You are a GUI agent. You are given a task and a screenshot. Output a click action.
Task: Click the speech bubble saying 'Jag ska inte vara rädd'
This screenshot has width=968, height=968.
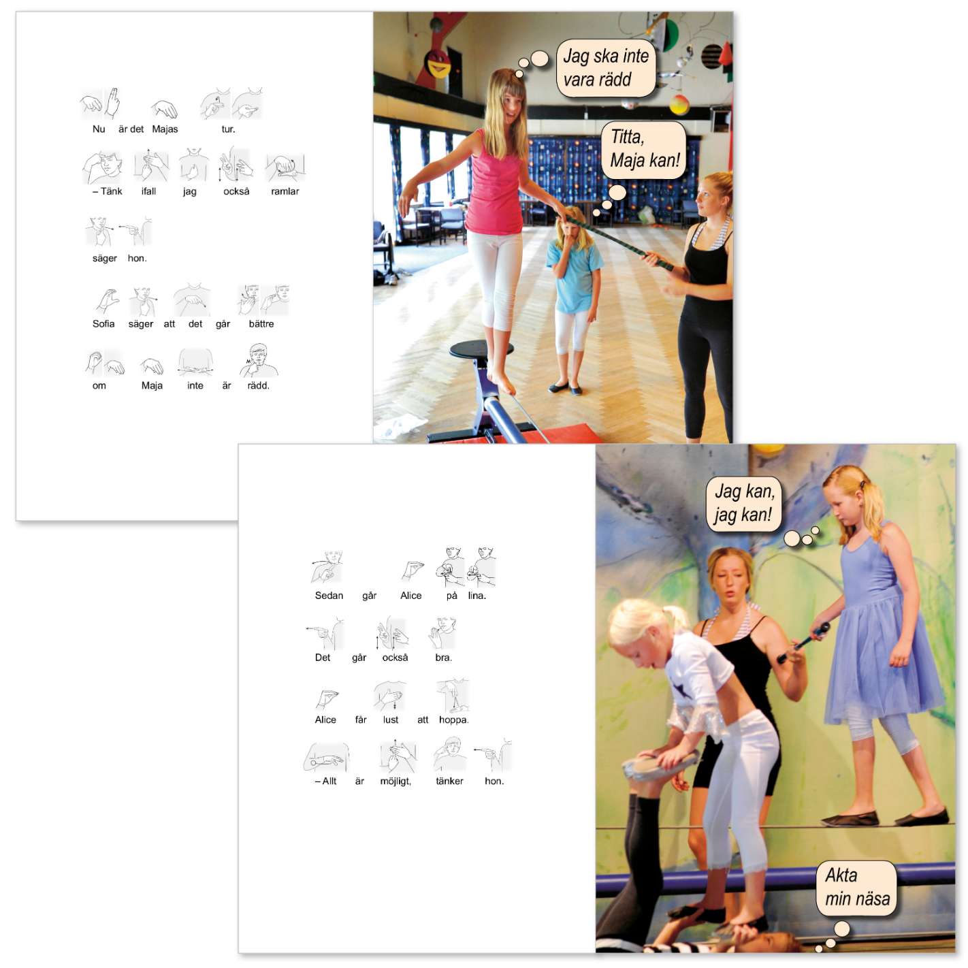pyautogui.click(x=605, y=68)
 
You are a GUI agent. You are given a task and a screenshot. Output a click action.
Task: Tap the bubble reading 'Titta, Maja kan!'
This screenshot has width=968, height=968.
pyautogui.click(x=643, y=150)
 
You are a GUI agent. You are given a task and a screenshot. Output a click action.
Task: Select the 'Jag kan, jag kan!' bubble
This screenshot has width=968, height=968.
pyautogui.click(x=743, y=503)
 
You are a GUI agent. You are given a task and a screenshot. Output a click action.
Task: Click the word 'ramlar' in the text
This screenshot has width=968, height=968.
pyautogui.click(x=285, y=191)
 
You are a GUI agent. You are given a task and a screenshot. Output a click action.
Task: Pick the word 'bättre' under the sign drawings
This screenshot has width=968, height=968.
pyautogui.click(x=261, y=324)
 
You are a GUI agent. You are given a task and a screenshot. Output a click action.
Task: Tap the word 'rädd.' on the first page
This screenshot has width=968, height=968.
pyautogui.click(x=258, y=386)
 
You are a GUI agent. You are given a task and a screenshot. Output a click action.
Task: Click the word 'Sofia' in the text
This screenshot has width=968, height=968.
pyautogui.click(x=103, y=324)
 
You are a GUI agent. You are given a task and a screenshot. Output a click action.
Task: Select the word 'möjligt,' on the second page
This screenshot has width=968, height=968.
pyautogui.click(x=396, y=781)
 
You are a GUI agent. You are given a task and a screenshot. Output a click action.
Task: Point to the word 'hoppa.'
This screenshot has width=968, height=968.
pyautogui.click(x=453, y=720)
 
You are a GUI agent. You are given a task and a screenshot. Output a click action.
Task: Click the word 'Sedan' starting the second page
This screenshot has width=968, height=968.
pyautogui.click(x=329, y=596)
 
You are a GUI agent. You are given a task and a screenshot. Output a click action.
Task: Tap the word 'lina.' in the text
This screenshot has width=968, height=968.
pyautogui.click(x=477, y=596)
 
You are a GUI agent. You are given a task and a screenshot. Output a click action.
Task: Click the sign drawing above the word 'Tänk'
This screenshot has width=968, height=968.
pyautogui.click(x=103, y=167)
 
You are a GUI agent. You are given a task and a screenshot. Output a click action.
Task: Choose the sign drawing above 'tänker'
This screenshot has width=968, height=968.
pyautogui.click(x=449, y=755)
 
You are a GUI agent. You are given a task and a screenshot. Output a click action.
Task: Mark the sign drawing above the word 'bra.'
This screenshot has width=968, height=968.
pyautogui.click(x=442, y=633)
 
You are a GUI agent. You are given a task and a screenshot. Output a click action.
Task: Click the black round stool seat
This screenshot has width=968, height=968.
pyautogui.click(x=481, y=349)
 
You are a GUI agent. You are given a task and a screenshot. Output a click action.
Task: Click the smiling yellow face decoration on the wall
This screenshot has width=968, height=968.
pyautogui.click(x=438, y=63)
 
